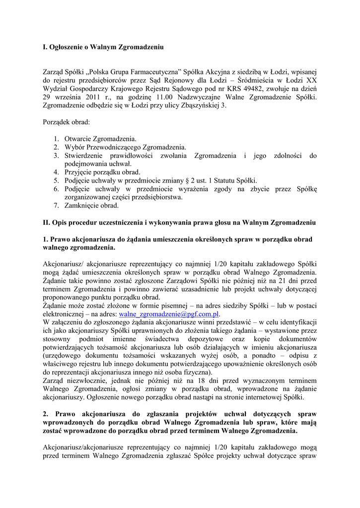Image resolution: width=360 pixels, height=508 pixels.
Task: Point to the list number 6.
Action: [57, 189]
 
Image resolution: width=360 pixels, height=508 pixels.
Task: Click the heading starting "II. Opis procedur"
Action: [179, 222]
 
